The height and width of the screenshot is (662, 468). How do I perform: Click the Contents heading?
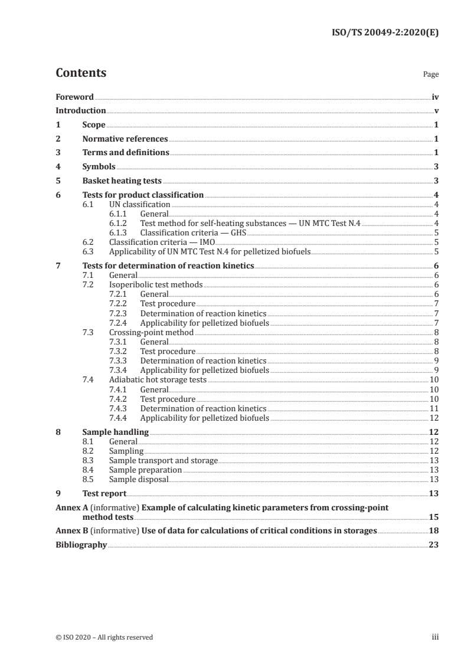[x=81, y=73]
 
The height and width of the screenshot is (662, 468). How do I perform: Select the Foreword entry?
[x=74, y=97]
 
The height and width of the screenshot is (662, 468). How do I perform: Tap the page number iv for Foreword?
[x=435, y=97]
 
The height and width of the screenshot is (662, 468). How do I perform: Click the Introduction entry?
[x=81, y=111]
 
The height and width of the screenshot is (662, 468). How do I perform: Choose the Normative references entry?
[x=125, y=139]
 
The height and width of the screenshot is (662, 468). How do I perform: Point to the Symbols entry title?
[x=99, y=167]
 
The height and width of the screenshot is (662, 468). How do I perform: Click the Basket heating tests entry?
[x=122, y=181]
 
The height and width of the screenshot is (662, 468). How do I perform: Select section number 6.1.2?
[x=119, y=223]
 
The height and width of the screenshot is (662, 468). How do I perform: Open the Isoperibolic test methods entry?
[x=156, y=284]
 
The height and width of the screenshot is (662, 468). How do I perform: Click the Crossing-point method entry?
[x=151, y=332]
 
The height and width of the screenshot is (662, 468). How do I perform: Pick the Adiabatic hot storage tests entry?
[x=158, y=380]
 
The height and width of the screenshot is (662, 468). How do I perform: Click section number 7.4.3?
[x=119, y=408]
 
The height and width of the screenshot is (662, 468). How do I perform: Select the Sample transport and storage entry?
[x=163, y=460]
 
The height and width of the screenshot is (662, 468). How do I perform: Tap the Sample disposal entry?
[x=139, y=479]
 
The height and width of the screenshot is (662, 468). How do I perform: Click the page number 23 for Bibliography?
[x=434, y=545]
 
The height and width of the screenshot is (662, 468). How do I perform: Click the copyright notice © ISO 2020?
[x=104, y=637]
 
